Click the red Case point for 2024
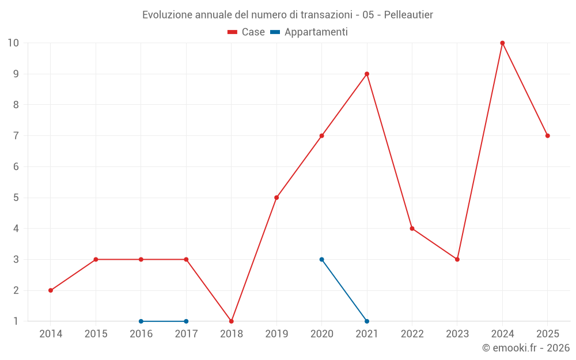[x=502, y=43]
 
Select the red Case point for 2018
[x=232, y=321]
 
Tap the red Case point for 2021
[x=367, y=74]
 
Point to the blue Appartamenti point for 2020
[x=322, y=260]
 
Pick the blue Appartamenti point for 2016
[x=141, y=321]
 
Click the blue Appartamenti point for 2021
[x=367, y=321]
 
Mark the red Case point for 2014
[x=51, y=290]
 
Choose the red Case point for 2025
[x=548, y=136]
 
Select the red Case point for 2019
[x=276, y=198]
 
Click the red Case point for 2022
[x=412, y=229]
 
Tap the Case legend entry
[x=246, y=32]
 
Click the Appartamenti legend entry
[x=309, y=32]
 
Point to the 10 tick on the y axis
[x=13, y=43]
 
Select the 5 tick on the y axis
[x=16, y=198]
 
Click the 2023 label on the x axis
[x=457, y=334]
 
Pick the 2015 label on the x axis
[x=96, y=334]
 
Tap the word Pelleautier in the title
[x=408, y=15]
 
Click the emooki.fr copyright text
[x=526, y=348]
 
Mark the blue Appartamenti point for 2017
[x=186, y=321]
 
